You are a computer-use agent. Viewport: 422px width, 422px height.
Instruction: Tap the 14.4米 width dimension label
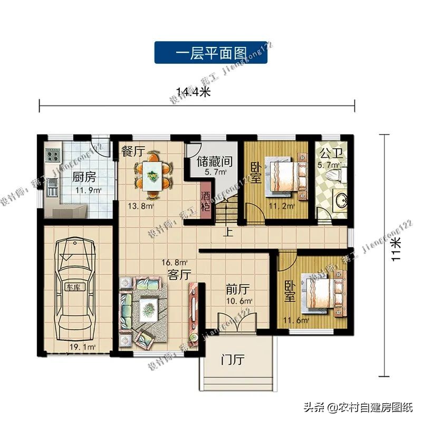(194, 93)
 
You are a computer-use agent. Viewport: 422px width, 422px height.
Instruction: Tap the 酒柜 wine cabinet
(206, 200)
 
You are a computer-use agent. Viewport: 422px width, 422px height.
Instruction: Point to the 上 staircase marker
(228, 231)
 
